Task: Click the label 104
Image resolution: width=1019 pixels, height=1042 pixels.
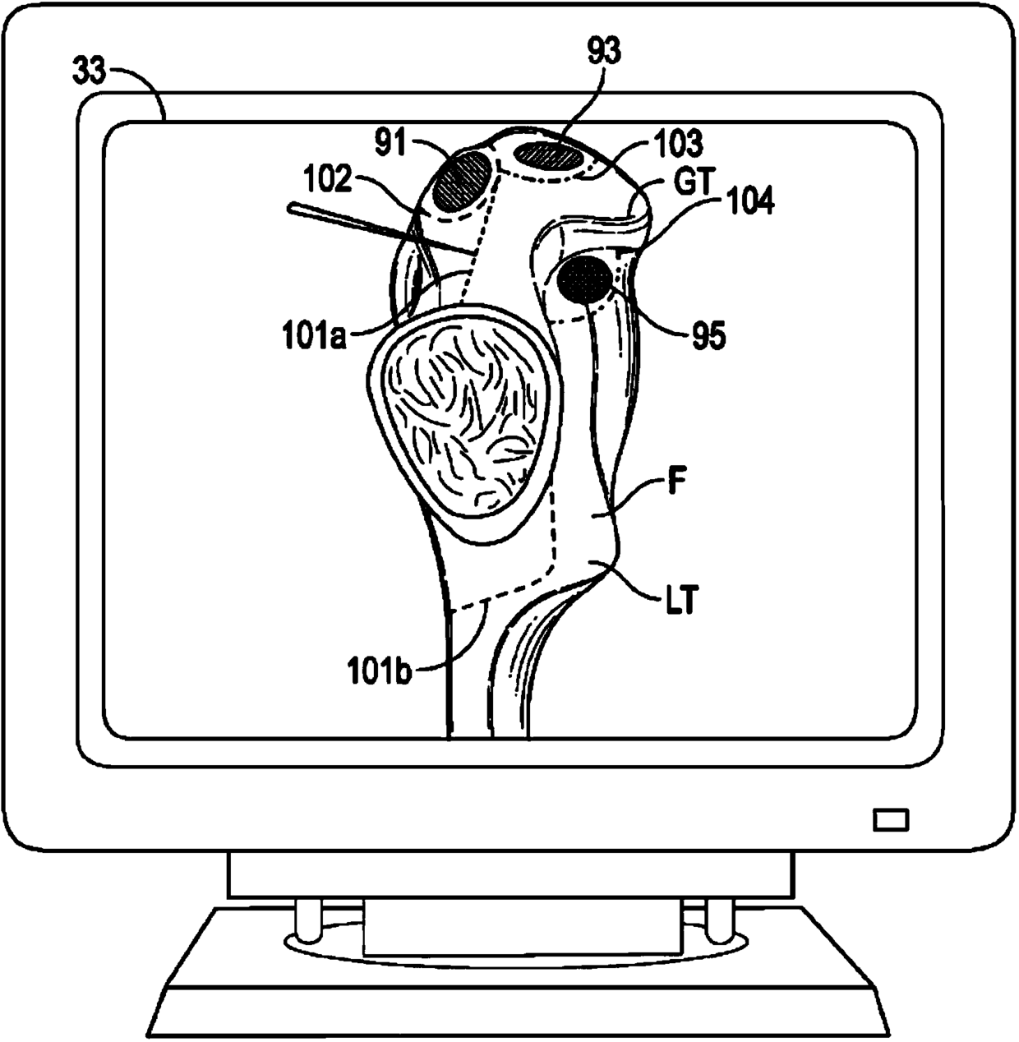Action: [x=749, y=202]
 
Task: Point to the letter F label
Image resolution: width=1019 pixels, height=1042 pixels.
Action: [x=676, y=484]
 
